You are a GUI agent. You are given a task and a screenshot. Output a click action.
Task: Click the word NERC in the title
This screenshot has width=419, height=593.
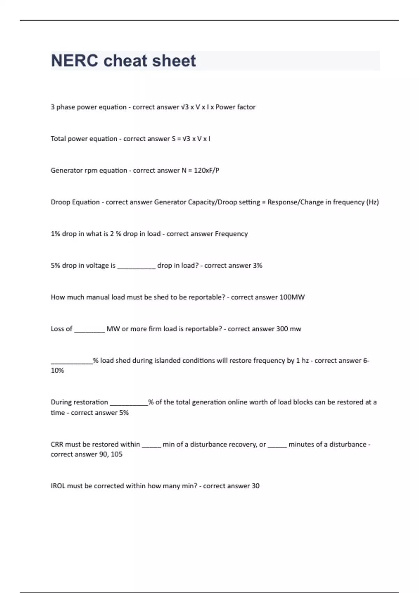point(74,61)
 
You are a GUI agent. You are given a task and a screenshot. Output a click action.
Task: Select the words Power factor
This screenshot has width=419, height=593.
point(235,107)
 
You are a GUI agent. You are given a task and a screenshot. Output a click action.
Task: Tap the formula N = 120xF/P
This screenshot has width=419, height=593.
point(200,171)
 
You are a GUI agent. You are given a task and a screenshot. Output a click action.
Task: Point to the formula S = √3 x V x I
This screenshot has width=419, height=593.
point(191,139)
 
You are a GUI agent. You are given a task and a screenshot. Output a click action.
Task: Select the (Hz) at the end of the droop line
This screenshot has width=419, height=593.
point(372,202)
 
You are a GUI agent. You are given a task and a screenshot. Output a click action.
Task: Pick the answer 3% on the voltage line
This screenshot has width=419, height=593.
point(257,265)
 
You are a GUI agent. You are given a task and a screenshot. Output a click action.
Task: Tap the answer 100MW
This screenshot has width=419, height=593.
point(292,297)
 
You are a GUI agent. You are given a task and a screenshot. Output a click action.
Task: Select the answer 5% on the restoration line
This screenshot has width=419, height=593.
point(124,413)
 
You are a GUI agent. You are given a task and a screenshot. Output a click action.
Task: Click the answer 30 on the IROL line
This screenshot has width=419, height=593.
point(255,486)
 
